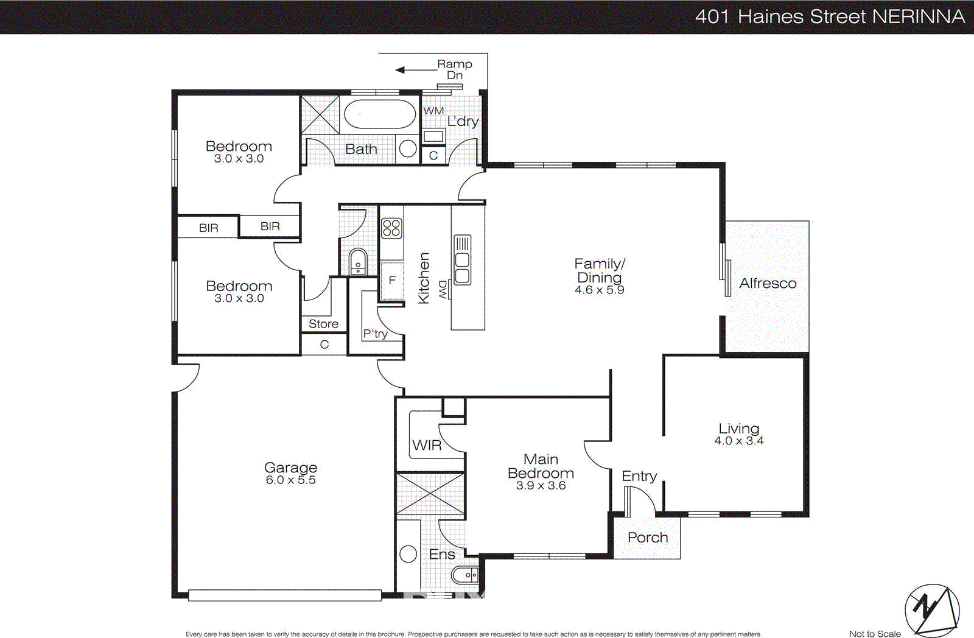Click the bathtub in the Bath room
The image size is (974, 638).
click(380, 114)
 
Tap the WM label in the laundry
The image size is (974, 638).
click(433, 111)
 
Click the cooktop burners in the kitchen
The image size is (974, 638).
click(391, 228)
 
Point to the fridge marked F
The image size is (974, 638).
click(392, 280)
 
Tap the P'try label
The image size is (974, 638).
click(375, 334)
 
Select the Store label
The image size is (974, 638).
click(323, 324)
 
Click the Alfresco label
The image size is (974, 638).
click(768, 283)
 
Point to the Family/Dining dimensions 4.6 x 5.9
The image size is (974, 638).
click(599, 290)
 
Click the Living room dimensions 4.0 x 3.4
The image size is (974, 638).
click(738, 441)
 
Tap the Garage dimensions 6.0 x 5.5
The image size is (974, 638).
click(290, 480)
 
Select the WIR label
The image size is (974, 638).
click(427, 445)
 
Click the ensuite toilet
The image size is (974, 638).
click(465, 574)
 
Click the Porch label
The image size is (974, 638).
click(648, 538)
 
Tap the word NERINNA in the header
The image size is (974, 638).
click(918, 16)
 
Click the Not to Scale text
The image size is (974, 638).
click(874, 634)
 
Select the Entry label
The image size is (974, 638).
click(639, 476)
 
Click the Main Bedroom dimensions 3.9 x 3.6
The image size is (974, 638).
click(541, 485)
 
